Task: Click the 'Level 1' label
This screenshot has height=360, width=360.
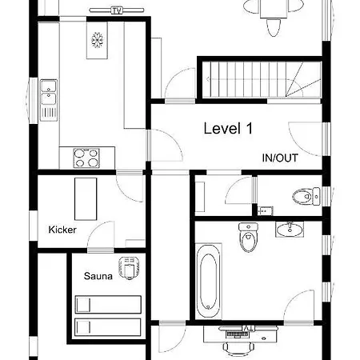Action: tap(228, 129)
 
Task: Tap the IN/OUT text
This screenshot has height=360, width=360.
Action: tap(280, 158)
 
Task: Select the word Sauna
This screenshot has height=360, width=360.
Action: tap(98, 276)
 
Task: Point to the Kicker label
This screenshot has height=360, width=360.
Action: tap(62, 230)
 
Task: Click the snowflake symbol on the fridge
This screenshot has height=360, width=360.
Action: tap(97, 40)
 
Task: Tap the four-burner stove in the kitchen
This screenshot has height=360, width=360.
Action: tap(86, 158)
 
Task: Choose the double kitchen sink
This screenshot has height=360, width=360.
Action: tap(49, 92)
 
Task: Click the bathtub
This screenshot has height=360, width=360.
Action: tap(209, 282)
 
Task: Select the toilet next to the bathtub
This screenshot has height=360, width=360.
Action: tap(248, 238)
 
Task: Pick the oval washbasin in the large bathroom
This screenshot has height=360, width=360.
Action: tap(290, 229)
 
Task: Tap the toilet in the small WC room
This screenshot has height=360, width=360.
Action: tap(306, 197)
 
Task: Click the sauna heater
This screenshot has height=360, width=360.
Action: tap(130, 268)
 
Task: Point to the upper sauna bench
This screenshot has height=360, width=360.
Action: tap(108, 304)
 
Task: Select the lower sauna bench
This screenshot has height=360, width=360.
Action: tap(108, 327)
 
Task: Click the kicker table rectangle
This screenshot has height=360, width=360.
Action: tap(86, 199)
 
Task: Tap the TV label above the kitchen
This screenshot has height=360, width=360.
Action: tap(117, 10)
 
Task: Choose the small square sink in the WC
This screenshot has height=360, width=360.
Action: tap(265, 211)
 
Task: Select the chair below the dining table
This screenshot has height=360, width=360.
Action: tap(274, 27)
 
